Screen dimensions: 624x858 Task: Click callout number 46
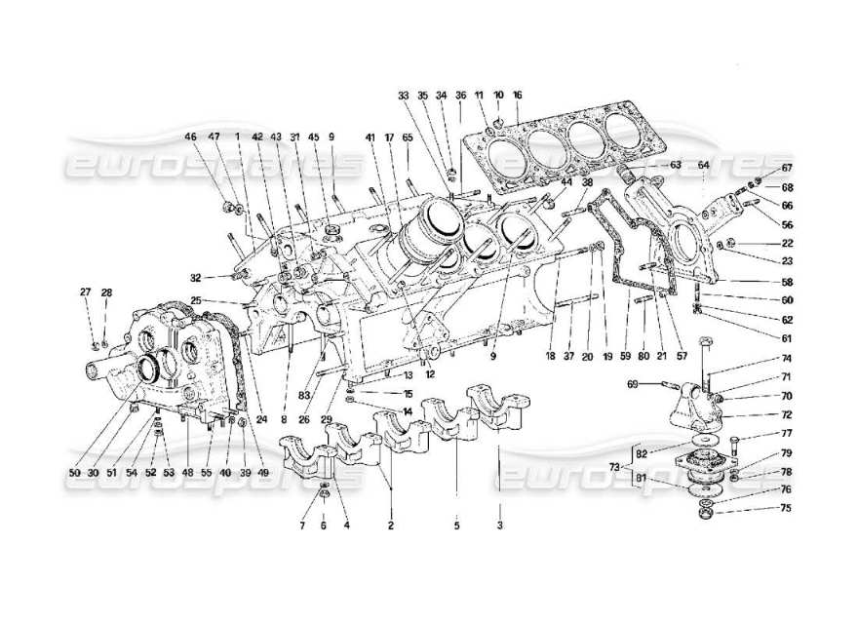(x=192, y=137)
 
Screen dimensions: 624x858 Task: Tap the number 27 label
(x=86, y=292)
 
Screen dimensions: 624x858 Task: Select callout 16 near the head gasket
(x=517, y=95)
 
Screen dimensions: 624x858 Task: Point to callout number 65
(x=407, y=137)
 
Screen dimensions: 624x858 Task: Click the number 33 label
(x=404, y=95)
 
